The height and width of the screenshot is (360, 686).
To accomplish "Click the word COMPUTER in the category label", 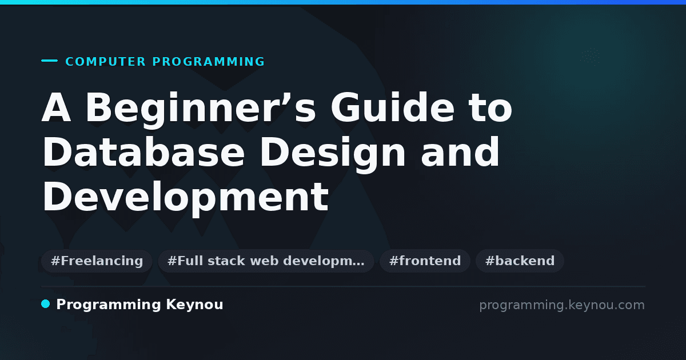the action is pos(105,62).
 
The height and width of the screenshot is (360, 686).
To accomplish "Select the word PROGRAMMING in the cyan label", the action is pos(209,62).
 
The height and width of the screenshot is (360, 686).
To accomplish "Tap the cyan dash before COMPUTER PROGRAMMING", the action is pos(49,61).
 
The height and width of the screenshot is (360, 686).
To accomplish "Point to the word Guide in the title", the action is pos(392,108).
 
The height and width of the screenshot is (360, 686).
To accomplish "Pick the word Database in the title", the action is pos(143,152).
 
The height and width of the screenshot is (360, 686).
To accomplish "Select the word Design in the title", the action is pos(333,154).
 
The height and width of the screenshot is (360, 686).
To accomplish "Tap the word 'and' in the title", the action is pos(460,152).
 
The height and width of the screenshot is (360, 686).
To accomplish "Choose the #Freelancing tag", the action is pos(97,261).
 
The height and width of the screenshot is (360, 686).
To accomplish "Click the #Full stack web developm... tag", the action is pos(266,261).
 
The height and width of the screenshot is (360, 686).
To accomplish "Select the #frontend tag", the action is pos(425,261).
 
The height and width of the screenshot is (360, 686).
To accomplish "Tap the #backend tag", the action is pos(520,261).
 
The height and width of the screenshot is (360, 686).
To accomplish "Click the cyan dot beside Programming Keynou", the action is pos(45,304).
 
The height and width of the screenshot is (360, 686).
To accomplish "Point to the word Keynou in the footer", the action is pos(194,305).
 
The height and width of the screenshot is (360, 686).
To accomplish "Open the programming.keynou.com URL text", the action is pos(562,305).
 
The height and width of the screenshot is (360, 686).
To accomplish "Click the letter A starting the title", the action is pos(57,108).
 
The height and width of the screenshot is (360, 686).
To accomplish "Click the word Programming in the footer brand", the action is pos(109,305).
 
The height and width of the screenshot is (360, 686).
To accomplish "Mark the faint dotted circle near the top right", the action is pos(590,57).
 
